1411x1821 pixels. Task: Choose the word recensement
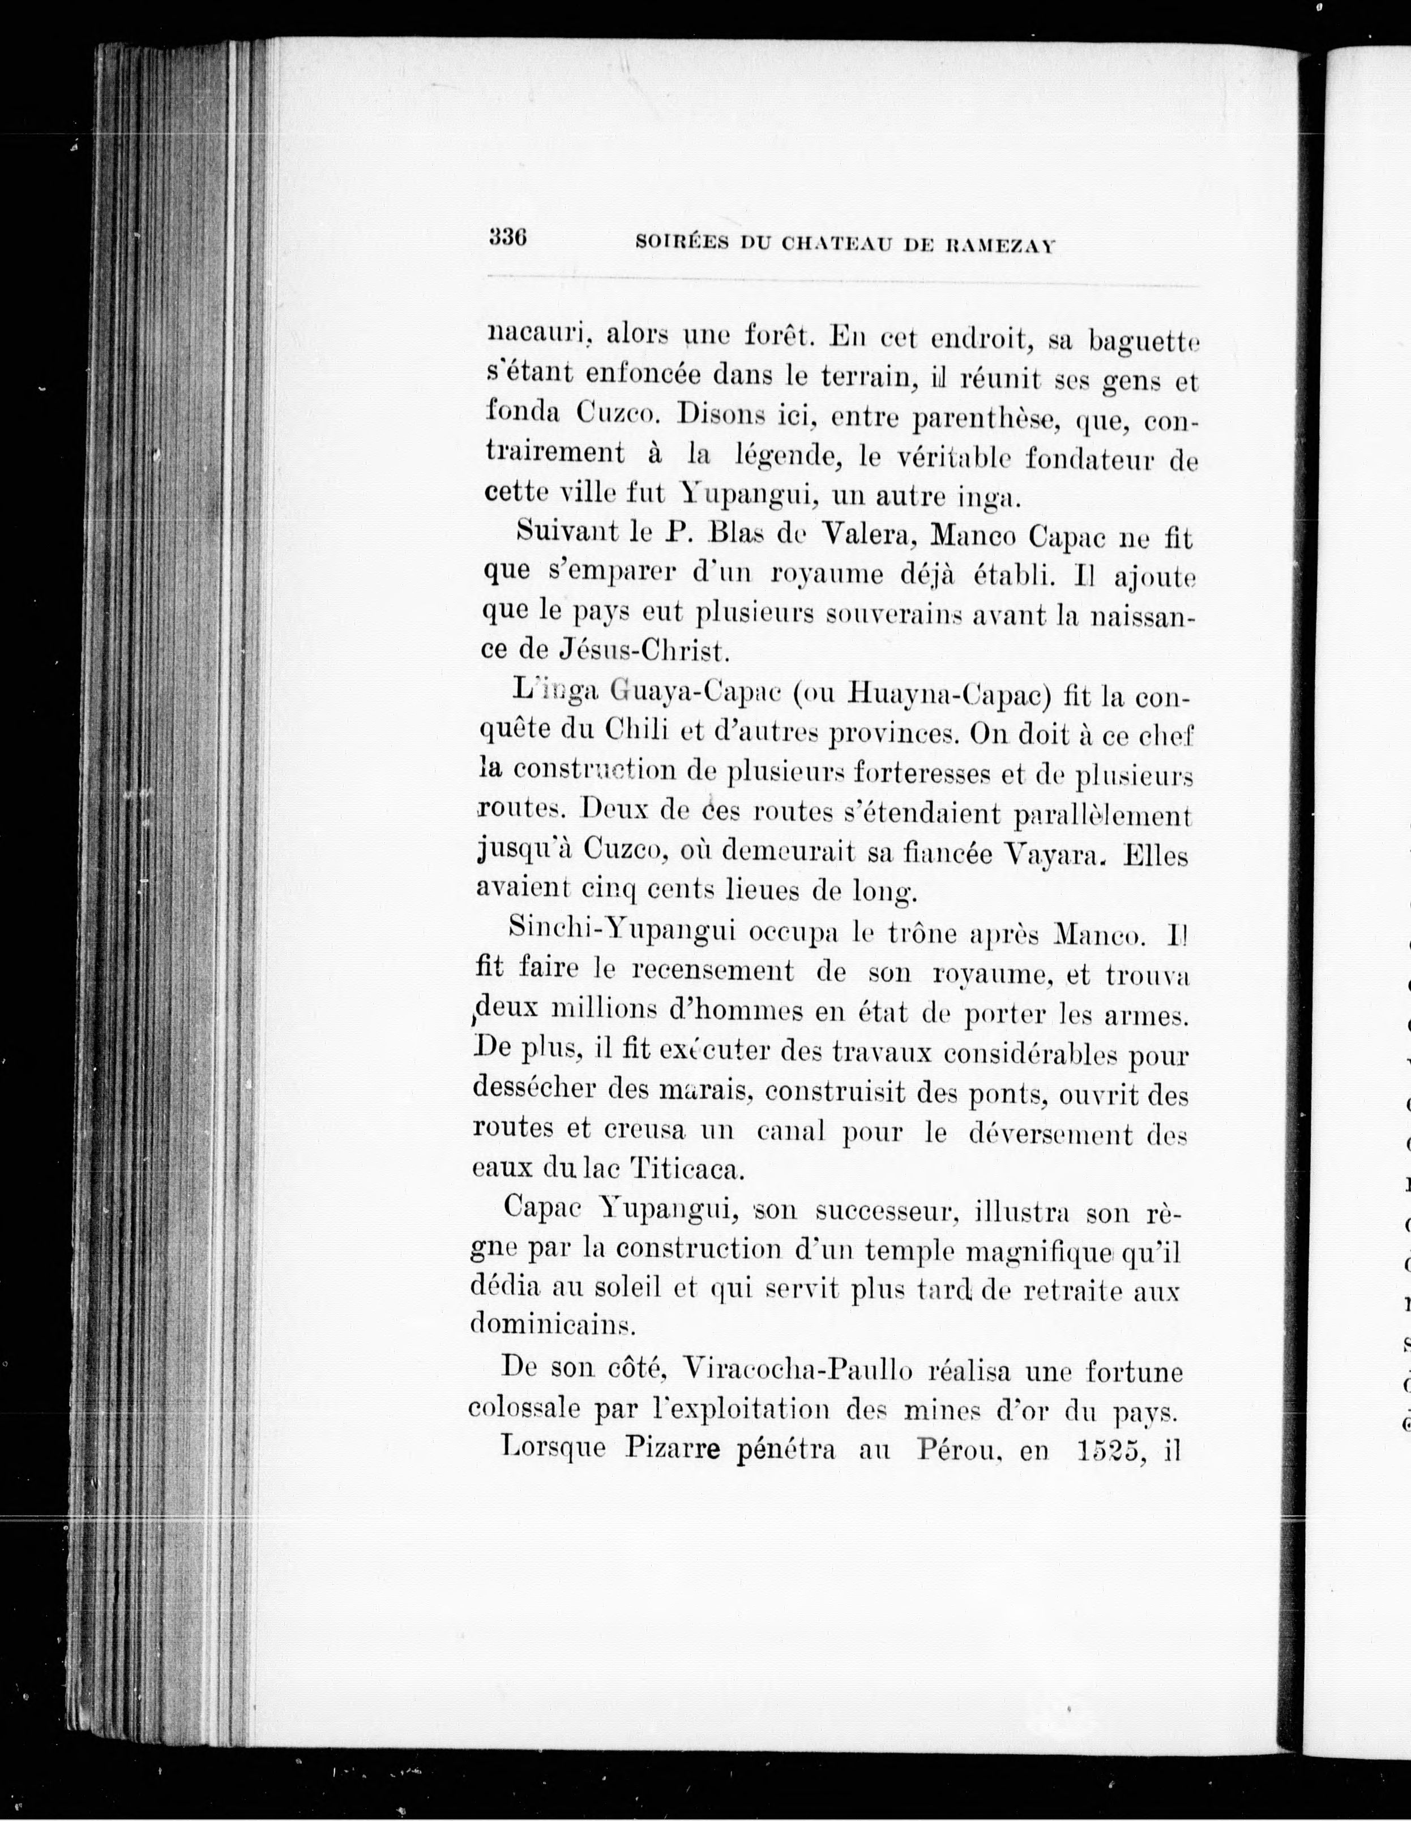click(x=713, y=971)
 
